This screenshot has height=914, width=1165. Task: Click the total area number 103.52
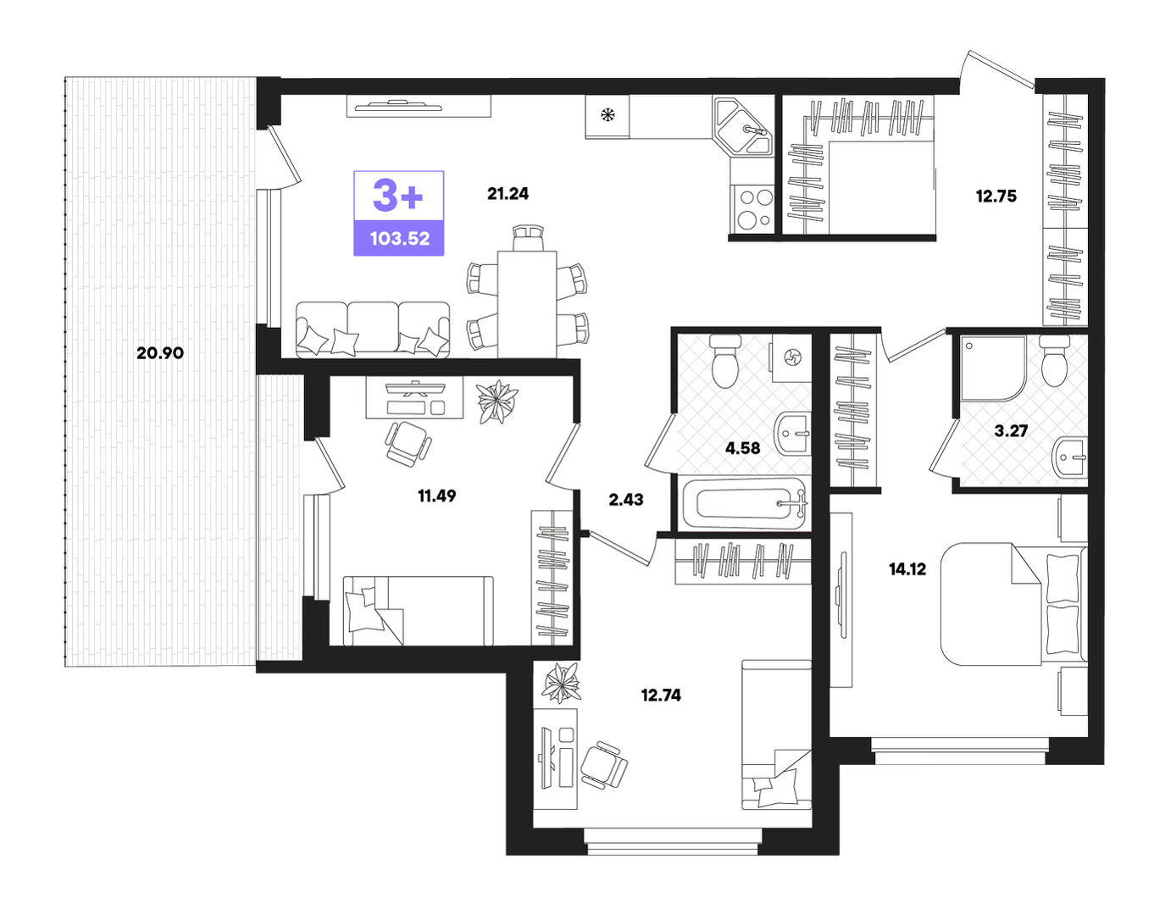[x=400, y=238]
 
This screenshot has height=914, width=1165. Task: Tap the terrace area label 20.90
[x=160, y=353]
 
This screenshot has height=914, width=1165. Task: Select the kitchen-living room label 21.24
[x=508, y=193]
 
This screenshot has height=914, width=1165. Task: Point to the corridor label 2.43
[x=625, y=499]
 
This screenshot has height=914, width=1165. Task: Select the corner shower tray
[x=992, y=368]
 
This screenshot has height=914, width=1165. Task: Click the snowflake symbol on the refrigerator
[x=607, y=114]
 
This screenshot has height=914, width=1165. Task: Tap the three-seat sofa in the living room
[x=373, y=330]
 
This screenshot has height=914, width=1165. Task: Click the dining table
[x=526, y=304]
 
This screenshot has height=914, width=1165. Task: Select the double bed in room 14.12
[x=1014, y=604]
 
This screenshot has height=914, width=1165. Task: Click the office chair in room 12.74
[x=603, y=765]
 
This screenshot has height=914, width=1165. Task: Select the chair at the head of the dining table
[x=528, y=237]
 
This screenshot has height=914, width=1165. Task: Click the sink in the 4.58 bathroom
[x=792, y=434]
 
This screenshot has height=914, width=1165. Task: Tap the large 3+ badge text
[x=398, y=196]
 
